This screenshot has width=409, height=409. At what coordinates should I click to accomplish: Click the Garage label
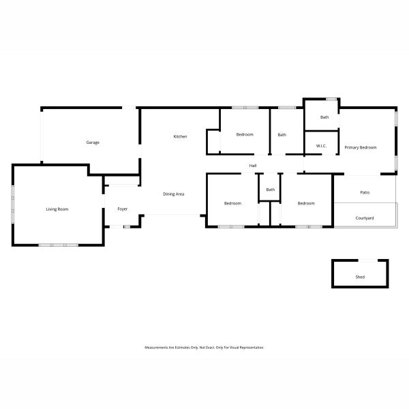tap(93, 142)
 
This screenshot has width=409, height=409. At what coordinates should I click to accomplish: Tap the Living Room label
tap(57, 209)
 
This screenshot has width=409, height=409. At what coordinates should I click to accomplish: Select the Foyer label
tap(122, 209)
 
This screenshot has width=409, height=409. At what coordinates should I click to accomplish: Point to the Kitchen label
tap(180, 136)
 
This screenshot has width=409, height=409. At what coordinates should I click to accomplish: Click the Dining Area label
tap(173, 194)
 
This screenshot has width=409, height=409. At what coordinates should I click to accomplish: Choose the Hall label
tap(253, 166)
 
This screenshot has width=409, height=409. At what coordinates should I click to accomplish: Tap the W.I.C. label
tap(321, 146)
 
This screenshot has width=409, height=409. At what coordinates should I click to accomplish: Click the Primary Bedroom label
tap(361, 148)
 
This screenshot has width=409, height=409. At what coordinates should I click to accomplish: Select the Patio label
tap(365, 192)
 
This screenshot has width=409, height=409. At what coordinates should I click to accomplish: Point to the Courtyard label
tap(365, 218)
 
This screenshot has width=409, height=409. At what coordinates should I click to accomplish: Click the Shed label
tap(360, 277)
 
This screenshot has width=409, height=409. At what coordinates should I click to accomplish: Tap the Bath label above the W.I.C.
tap(324, 117)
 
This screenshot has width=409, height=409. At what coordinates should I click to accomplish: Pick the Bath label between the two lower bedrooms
tap(271, 190)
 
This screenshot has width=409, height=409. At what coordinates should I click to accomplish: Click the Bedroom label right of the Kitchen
tap(245, 134)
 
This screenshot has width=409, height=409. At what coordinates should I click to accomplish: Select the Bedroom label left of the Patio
tap(306, 203)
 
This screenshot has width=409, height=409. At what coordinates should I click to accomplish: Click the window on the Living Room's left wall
tap(12, 204)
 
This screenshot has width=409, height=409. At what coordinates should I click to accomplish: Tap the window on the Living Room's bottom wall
tap(59, 245)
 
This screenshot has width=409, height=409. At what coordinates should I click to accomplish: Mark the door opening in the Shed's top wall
tap(368, 260)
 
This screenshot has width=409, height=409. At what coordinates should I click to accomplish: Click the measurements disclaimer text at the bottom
tap(204, 348)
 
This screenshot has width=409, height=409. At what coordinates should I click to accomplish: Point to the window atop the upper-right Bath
tap(331, 99)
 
